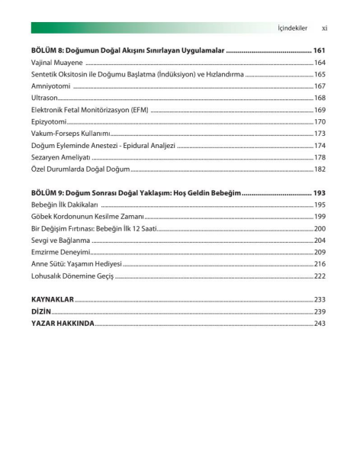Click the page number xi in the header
pos(324,28)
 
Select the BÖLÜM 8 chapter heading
pos(128,50)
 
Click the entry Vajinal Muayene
pos(58,62)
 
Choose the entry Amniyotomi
pos(52,86)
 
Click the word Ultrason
pos(44,98)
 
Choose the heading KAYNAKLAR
pos(52,300)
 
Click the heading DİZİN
pos(41,311)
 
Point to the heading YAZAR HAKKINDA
pos(63,324)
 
